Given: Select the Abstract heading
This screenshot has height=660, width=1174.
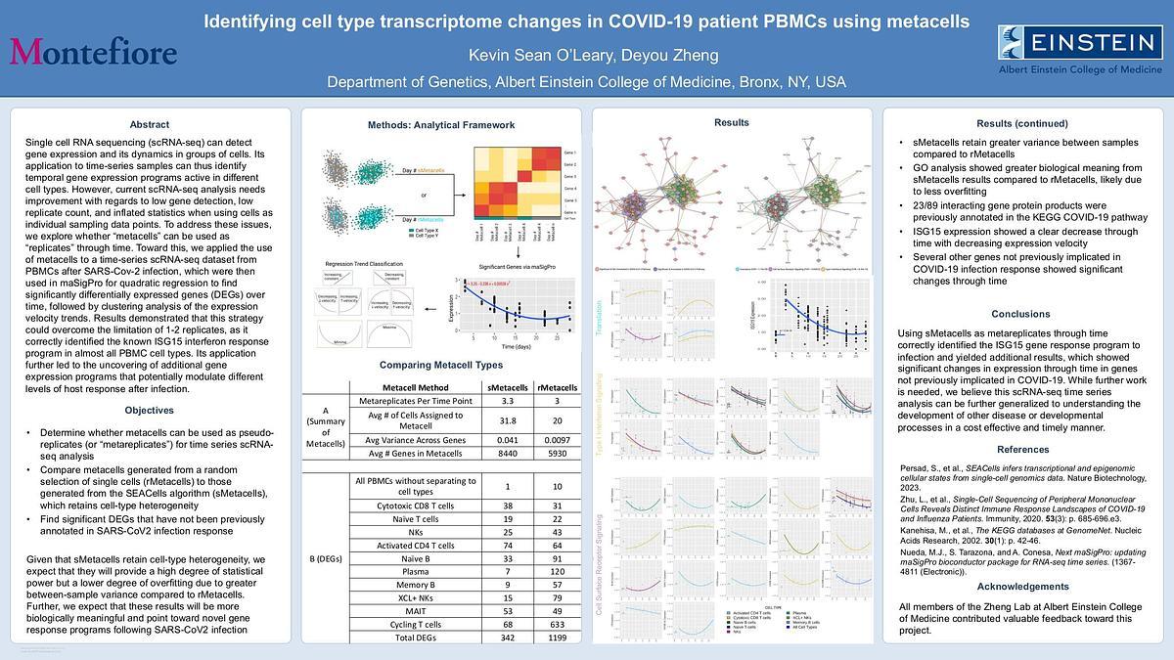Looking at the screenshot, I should pyautogui.click(x=150, y=124).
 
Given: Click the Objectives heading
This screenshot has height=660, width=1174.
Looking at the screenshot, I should pyautogui.click(x=150, y=410).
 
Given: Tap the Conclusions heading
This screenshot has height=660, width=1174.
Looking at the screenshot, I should pyautogui.click(x=1021, y=314).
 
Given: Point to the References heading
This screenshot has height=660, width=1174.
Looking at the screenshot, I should pyautogui.click(x=1022, y=449).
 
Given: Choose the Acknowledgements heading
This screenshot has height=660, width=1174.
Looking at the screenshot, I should pyautogui.click(x=1021, y=586).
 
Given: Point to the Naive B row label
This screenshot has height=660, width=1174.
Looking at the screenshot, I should pyautogui.click(x=415, y=557).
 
